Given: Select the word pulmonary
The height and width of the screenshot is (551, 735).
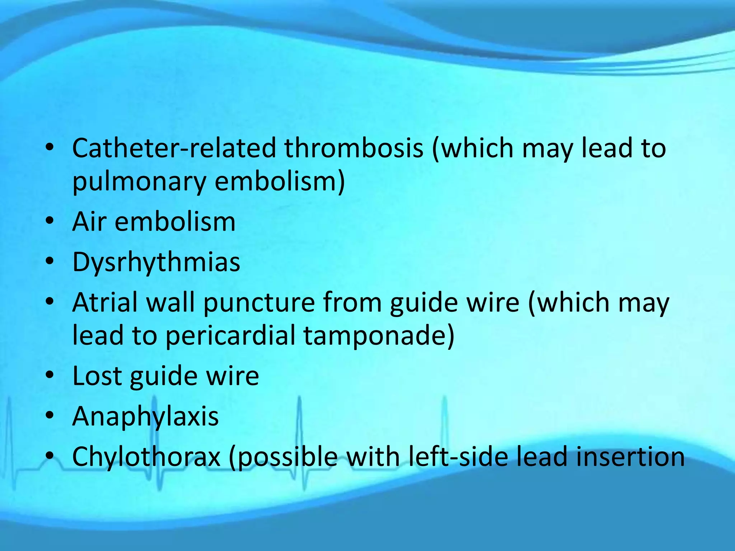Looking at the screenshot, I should coord(139,182).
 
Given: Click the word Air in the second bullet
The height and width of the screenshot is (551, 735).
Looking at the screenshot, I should coord(89,222).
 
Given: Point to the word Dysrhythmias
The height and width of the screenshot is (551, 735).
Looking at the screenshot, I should coord(156,262).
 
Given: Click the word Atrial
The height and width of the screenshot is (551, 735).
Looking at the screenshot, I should coord(104,302).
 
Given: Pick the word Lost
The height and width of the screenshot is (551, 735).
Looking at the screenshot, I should coord(97,376).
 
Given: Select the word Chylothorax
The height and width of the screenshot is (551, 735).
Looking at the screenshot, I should coord(146,457).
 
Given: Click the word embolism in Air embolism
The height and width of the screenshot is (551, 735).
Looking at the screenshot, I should coord(175,222).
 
